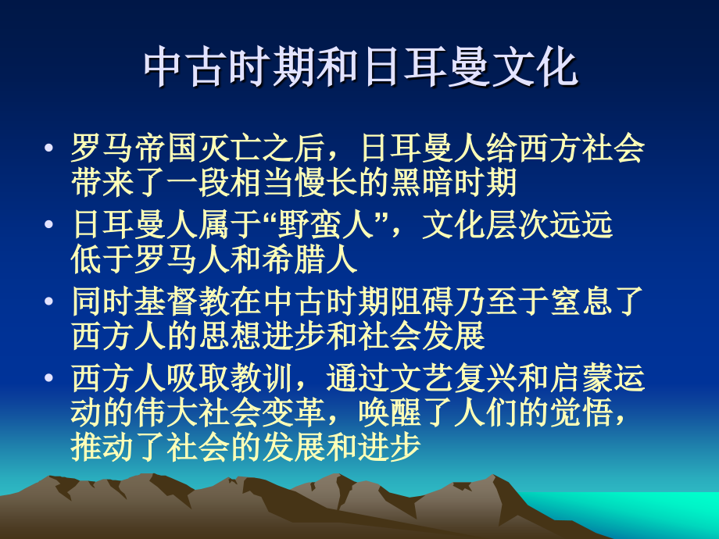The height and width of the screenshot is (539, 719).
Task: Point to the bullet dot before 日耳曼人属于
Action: (51, 226)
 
